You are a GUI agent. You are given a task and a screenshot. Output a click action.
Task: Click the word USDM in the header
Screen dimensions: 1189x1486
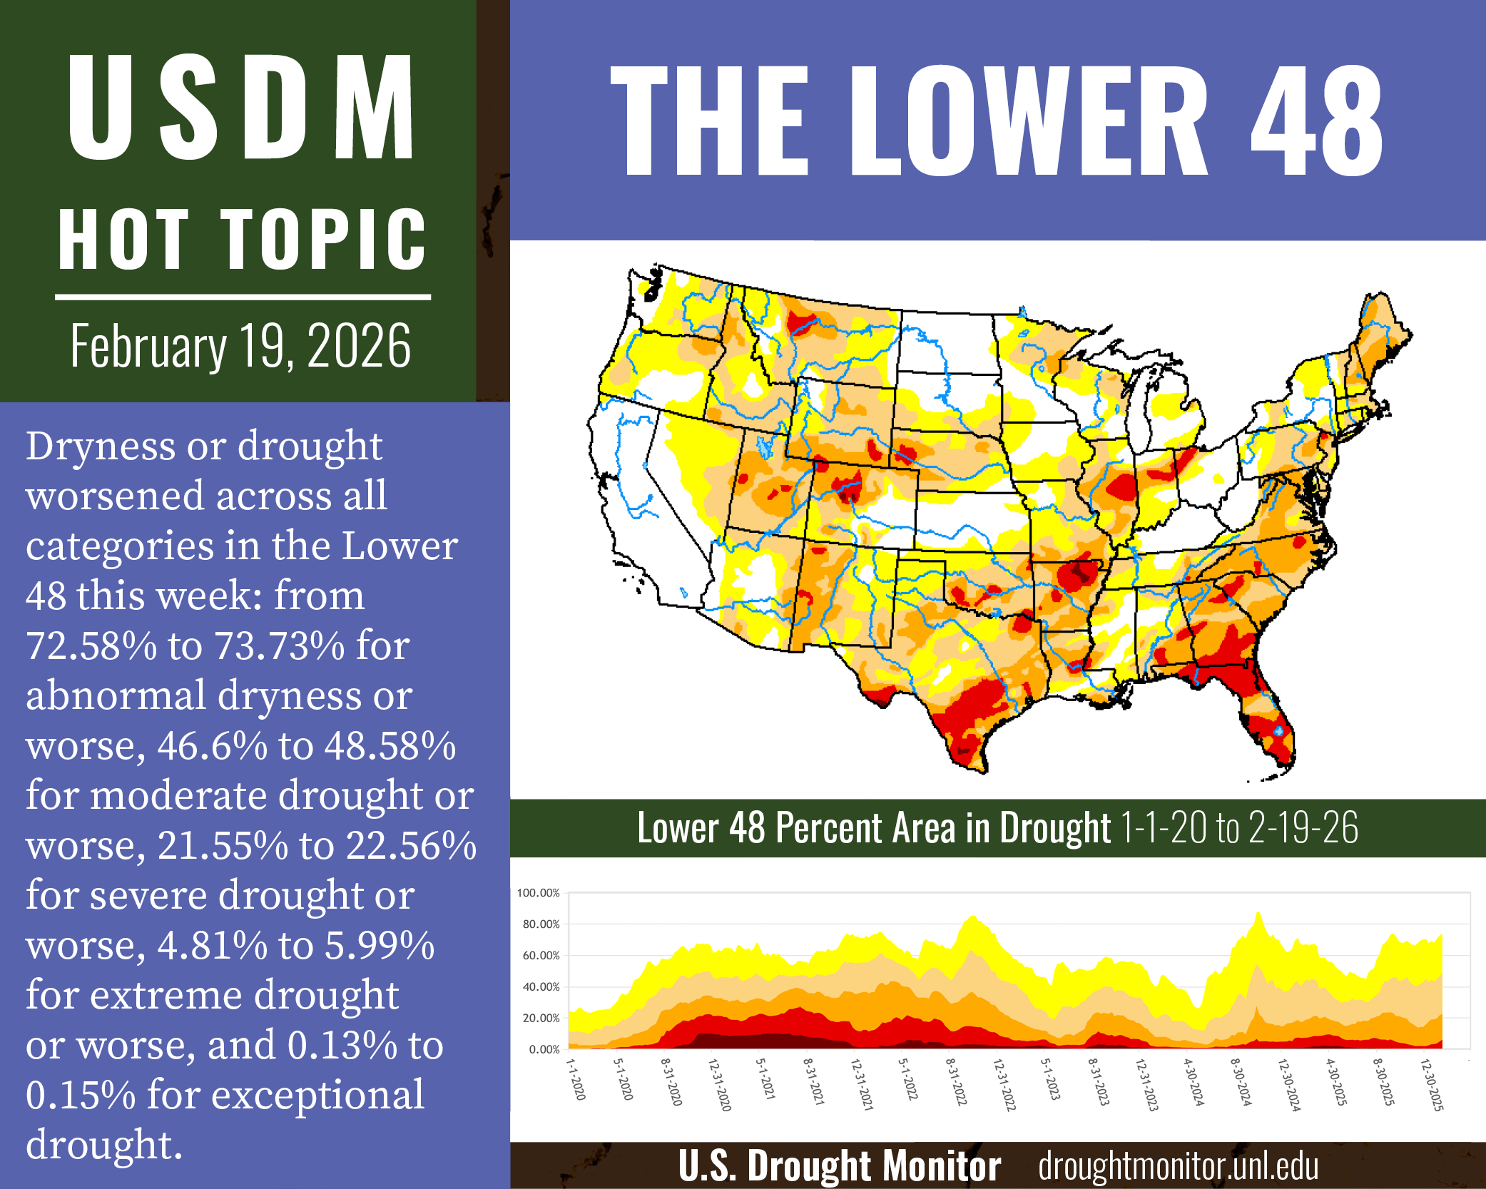click(240, 107)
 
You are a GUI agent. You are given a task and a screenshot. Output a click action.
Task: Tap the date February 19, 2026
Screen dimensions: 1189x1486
click(240, 346)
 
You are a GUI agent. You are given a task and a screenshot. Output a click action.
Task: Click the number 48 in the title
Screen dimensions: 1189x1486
click(1317, 121)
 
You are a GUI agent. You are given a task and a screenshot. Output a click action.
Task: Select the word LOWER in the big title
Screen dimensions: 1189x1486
click(1029, 121)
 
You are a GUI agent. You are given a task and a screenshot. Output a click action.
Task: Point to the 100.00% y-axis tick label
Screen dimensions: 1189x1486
click(538, 893)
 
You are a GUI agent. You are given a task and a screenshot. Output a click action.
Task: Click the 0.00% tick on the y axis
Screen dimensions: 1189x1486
click(544, 1049)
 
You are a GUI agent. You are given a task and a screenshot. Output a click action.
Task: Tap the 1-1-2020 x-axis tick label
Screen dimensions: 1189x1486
click(576, 1079)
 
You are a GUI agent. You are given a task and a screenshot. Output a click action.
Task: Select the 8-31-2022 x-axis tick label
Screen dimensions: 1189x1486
click(956, 1082)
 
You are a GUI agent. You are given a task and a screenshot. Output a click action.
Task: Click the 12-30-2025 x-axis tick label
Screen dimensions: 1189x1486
click(1432, 1085)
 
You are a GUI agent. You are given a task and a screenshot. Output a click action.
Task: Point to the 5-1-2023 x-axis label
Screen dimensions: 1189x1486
click(1051, 1079)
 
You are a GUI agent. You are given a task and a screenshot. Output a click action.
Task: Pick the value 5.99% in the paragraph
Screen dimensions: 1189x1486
click(380, 946)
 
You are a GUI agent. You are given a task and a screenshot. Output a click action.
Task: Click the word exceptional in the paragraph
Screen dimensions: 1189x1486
click(285, 1096)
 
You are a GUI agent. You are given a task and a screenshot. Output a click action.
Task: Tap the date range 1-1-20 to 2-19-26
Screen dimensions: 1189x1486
click(1239, 828)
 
